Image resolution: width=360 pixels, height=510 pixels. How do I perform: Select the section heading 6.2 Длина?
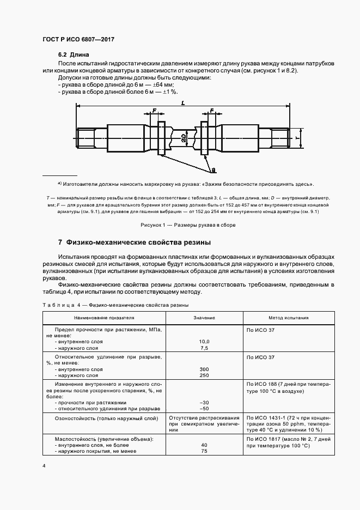pos(74,56)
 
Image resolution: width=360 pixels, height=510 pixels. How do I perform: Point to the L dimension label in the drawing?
pos(181,102)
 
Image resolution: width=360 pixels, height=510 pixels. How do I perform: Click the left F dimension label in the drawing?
pos(155,111)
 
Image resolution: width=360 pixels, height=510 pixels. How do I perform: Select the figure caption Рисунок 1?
pos(180,224)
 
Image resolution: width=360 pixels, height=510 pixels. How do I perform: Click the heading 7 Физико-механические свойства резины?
pos(135,242)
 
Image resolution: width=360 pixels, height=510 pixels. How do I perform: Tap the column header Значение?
pos(204,318)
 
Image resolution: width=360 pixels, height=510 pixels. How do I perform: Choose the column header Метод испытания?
pos(288,318)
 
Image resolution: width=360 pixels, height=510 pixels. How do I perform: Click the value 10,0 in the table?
pos(204,341)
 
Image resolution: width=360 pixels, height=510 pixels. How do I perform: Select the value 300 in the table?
pos(204,369)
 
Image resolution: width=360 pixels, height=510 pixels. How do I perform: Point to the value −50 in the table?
pos(204,408)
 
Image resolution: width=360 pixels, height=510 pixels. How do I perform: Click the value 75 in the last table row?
pos(204,451)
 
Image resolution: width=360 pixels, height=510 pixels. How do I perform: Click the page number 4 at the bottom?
pos(44,466)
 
